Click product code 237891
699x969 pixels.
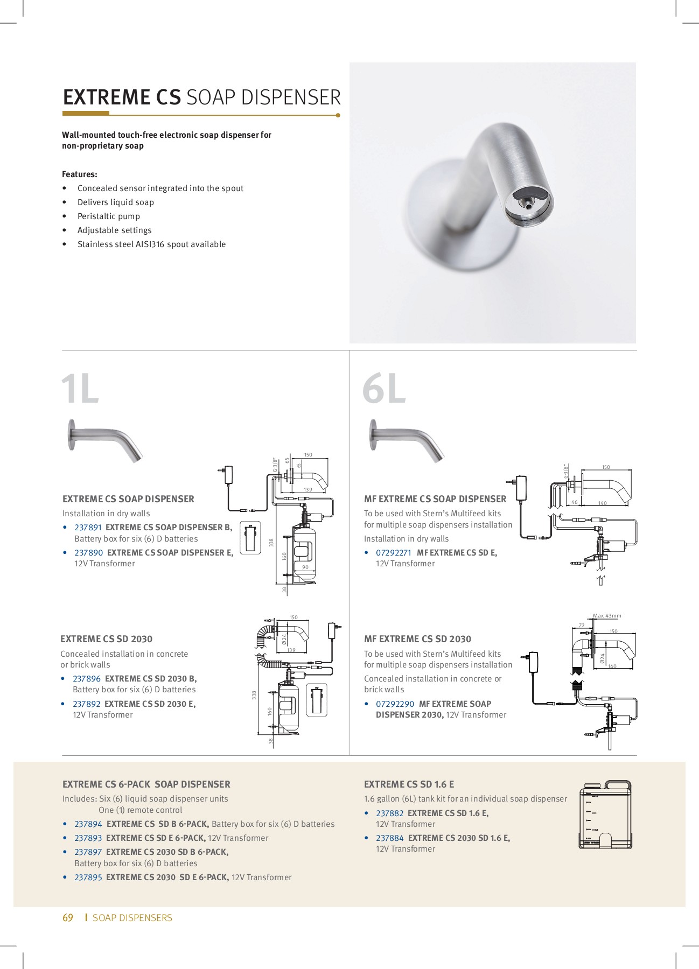88,528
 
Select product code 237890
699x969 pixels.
88,553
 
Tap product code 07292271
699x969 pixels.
393,553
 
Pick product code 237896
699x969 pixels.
87,679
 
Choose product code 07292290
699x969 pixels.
395,704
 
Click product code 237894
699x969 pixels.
88,824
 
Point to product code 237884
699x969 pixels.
389,838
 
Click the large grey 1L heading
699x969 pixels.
80,389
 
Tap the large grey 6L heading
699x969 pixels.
383,389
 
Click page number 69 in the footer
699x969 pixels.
68,918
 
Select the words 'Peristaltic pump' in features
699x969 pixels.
108,216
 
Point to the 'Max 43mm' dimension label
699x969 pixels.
607,616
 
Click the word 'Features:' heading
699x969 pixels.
80,174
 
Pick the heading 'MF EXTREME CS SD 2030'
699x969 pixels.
417,639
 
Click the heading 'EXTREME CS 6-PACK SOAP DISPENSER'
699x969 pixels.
146,784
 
